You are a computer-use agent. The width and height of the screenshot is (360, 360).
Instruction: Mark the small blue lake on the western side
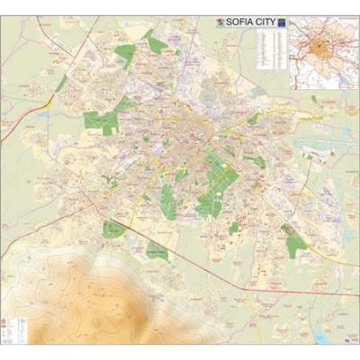tap(42, 114)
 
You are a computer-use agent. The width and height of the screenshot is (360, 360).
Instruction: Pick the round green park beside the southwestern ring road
tap(113, 229)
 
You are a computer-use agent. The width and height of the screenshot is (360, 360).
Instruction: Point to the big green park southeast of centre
tap(216, 180)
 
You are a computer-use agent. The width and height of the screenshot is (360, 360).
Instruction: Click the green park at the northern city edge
tap(155, 43)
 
